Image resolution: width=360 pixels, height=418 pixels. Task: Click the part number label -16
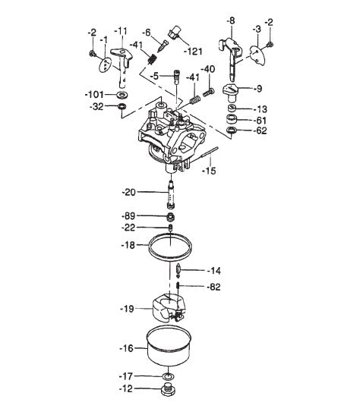[x=126, y=348]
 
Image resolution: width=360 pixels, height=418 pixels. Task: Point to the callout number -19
[x=127, y=309]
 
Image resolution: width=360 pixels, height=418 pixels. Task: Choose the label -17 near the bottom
[x=126, y=376]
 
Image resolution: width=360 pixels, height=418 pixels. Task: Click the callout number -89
[x=127, y=216]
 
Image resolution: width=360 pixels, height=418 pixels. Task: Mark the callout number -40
[x=207, y=69]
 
